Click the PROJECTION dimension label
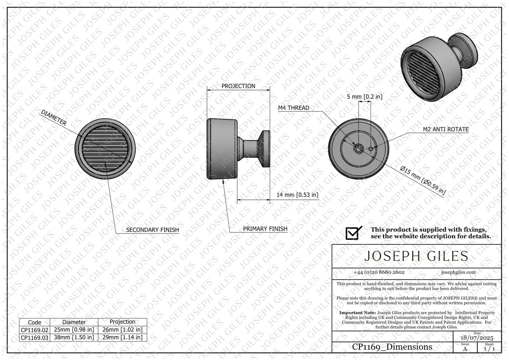238,86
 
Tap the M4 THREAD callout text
293,108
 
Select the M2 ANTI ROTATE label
446,129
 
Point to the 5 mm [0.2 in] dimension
364,97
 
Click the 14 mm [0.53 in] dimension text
297,195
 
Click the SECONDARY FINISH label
153,230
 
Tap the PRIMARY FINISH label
265,229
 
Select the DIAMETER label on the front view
54,117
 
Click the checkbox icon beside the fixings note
353,233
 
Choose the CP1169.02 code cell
35,330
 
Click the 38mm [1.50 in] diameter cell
74,337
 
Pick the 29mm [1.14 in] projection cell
123,337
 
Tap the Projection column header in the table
123,322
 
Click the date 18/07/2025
477,338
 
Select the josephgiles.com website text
458,272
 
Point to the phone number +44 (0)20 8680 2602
379,272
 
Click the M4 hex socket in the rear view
358,149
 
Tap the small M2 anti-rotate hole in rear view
371,149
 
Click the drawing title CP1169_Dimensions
392,347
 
